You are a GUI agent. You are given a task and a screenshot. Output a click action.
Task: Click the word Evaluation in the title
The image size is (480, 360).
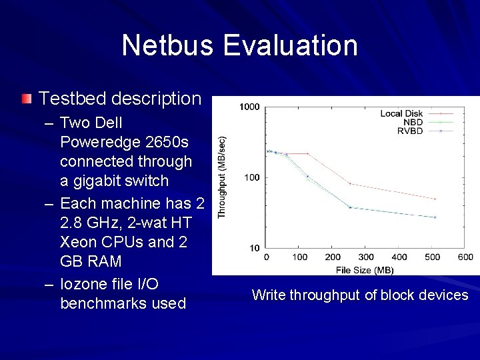click(x=291, y=45)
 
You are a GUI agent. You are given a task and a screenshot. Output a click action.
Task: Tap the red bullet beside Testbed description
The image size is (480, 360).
click(x=25, y=99)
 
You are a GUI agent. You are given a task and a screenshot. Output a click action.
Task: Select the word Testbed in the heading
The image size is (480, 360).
click(x=71, y=99)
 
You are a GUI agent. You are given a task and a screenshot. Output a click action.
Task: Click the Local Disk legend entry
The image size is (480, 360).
click(x=402, y=113)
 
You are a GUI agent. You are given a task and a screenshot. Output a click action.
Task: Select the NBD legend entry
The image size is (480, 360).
click(x=413, y=122)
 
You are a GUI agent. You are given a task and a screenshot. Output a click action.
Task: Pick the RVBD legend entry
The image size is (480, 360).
click(x=410, y=131)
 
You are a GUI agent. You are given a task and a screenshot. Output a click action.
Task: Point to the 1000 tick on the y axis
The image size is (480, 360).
click(x=250, y=107)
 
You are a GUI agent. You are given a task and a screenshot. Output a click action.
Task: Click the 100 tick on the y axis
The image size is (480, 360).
click(x=252, y=177)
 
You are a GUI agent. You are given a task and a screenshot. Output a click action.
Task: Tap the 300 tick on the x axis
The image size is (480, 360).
click(x=366, y=257)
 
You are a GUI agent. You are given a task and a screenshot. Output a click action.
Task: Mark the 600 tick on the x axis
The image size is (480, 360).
click(x=465, y=257)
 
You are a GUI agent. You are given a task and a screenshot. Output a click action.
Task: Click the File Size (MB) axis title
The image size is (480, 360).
click(x=365, y=269)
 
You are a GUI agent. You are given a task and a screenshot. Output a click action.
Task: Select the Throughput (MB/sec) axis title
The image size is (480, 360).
click(x=222, y=176)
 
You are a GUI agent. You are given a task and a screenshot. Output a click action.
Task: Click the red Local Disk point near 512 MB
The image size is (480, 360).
click(x=435, y=199)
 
